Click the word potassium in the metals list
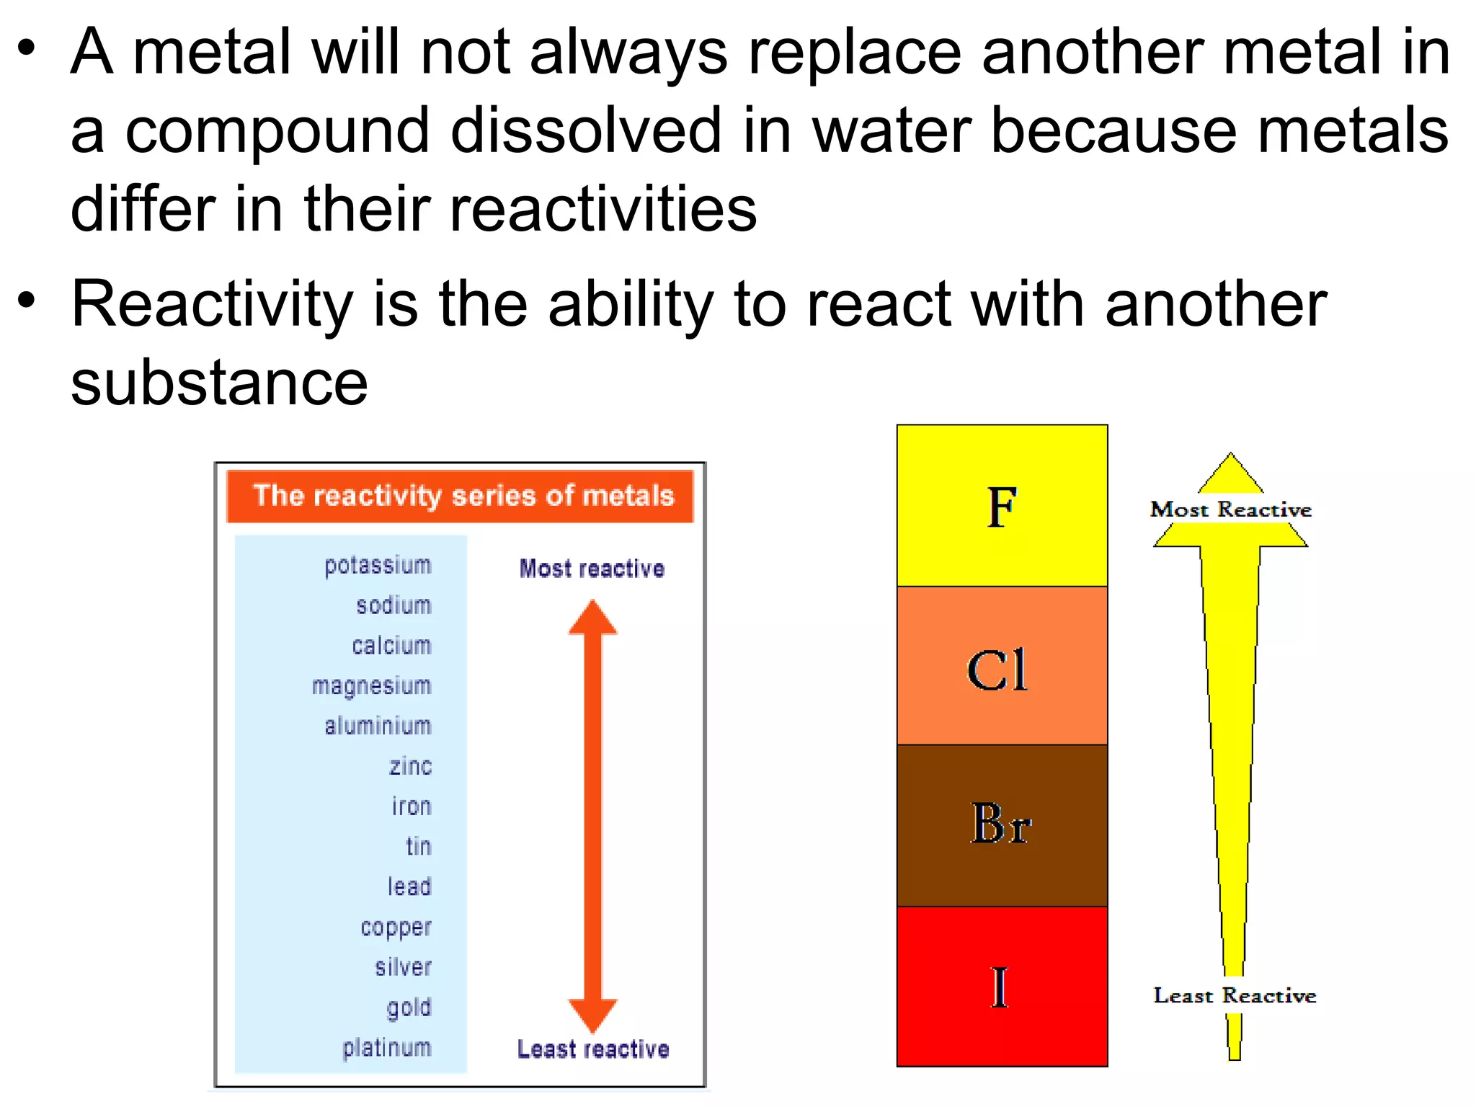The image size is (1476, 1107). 378,566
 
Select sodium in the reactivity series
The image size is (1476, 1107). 394,605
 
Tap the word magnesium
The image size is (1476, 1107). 371,686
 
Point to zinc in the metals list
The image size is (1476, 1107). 410,766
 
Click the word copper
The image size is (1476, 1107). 396,928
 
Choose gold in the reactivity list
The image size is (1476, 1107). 409,1008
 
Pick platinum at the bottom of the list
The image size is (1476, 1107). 386,1048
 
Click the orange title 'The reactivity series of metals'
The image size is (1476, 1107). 462,497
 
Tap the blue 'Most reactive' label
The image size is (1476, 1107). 592,569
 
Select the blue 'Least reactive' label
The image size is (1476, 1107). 593,1049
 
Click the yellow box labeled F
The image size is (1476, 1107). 1002,506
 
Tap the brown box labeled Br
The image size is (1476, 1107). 1002,825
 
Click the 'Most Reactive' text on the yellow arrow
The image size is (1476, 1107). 1230,510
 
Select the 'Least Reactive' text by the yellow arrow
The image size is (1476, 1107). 1235,996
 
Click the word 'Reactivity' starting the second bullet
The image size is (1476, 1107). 212,306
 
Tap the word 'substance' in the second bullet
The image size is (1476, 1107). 219,383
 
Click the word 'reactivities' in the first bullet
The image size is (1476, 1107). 603,210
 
